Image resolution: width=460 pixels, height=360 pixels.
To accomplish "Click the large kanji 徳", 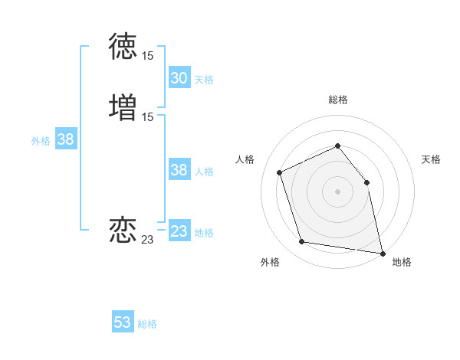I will pyautogui.click(x=123, y=47).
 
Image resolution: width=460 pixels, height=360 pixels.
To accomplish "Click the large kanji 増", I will pyautogui.click(x=123, y=107).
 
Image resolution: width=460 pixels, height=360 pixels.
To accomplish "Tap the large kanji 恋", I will pyautogui.click(x=123, y=229).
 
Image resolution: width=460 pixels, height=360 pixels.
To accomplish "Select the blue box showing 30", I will pyautogui.click(x=179, y=78).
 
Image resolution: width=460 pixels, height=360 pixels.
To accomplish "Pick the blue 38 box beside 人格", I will pyautogui.click(x=179, y=170).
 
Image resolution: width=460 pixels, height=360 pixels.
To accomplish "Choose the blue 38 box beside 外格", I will pyautogui.click(x=66, y=139).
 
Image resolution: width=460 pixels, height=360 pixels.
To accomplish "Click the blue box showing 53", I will pyautogui.click(x=123, y=322).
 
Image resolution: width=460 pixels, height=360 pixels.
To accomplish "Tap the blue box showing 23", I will pyautogui.click(x=179, y=231).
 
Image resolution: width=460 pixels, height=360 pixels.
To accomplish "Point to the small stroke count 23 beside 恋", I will pyautogui.click(x=147, y=240).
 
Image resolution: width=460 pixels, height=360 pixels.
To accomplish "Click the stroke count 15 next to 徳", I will pyautogui.click(x=147, y=56).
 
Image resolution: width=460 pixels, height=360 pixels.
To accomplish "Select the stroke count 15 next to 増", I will pyautogui.click(x=147, y=117).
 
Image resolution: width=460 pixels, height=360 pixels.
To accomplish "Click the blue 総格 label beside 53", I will pyautogui.click(x=147, y=324).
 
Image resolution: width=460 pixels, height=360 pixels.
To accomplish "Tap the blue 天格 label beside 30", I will pyautogui.click(x=204, y=79).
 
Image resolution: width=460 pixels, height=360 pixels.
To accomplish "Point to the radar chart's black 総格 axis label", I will pyautogui.click(x=337, y=100).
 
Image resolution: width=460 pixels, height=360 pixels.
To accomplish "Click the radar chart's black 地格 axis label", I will pyautogui.click(x=402, y=262).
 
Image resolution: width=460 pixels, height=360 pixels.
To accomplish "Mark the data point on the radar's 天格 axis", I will pyautogui.click(x=366, y=182).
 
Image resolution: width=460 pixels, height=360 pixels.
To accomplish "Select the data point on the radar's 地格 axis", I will pyautogui.click(x=382, y=252).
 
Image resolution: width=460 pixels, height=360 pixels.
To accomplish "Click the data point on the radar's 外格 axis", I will pyautogui.click(x=302, y=242).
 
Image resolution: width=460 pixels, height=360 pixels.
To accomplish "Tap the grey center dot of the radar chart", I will pyautogui.click(x=337, y=191).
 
